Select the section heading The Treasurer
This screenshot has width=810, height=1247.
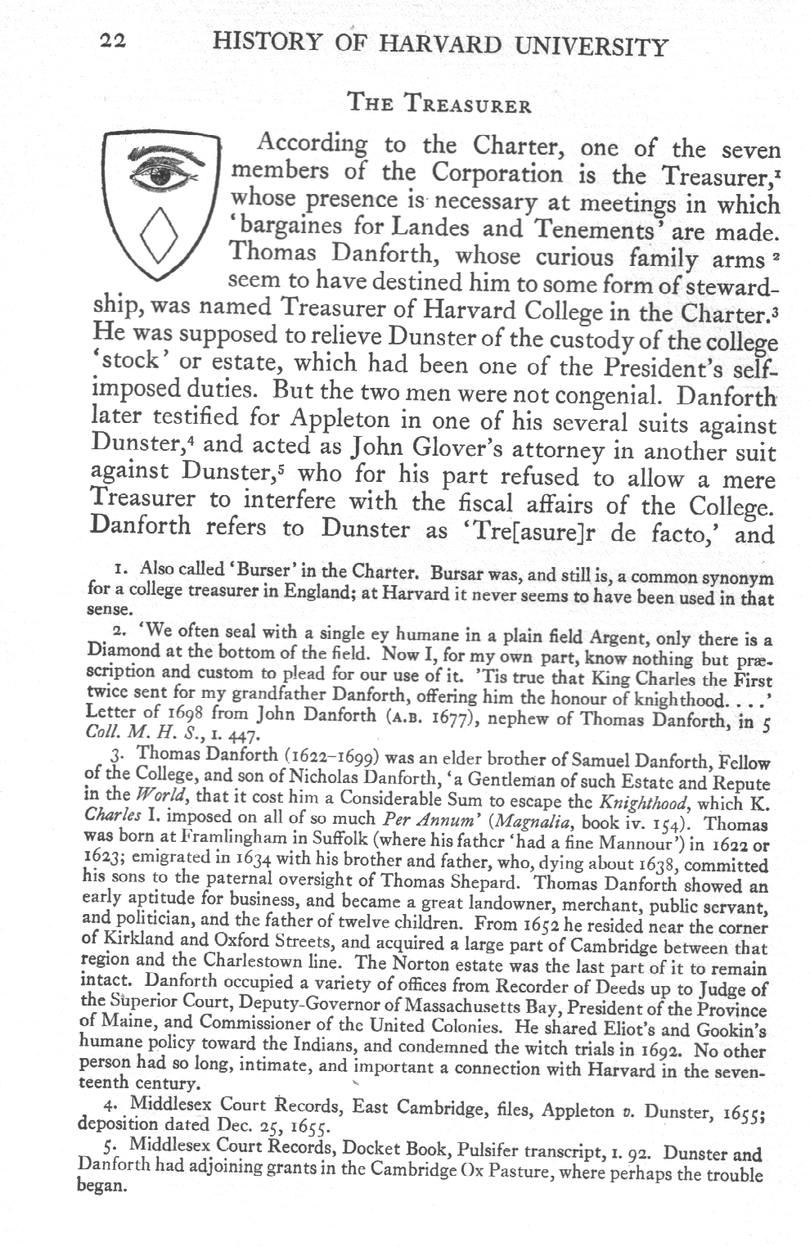pyautogui.click(x=439, y=106)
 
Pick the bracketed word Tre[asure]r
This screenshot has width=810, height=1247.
pyautogui.click(x=517, y=533)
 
